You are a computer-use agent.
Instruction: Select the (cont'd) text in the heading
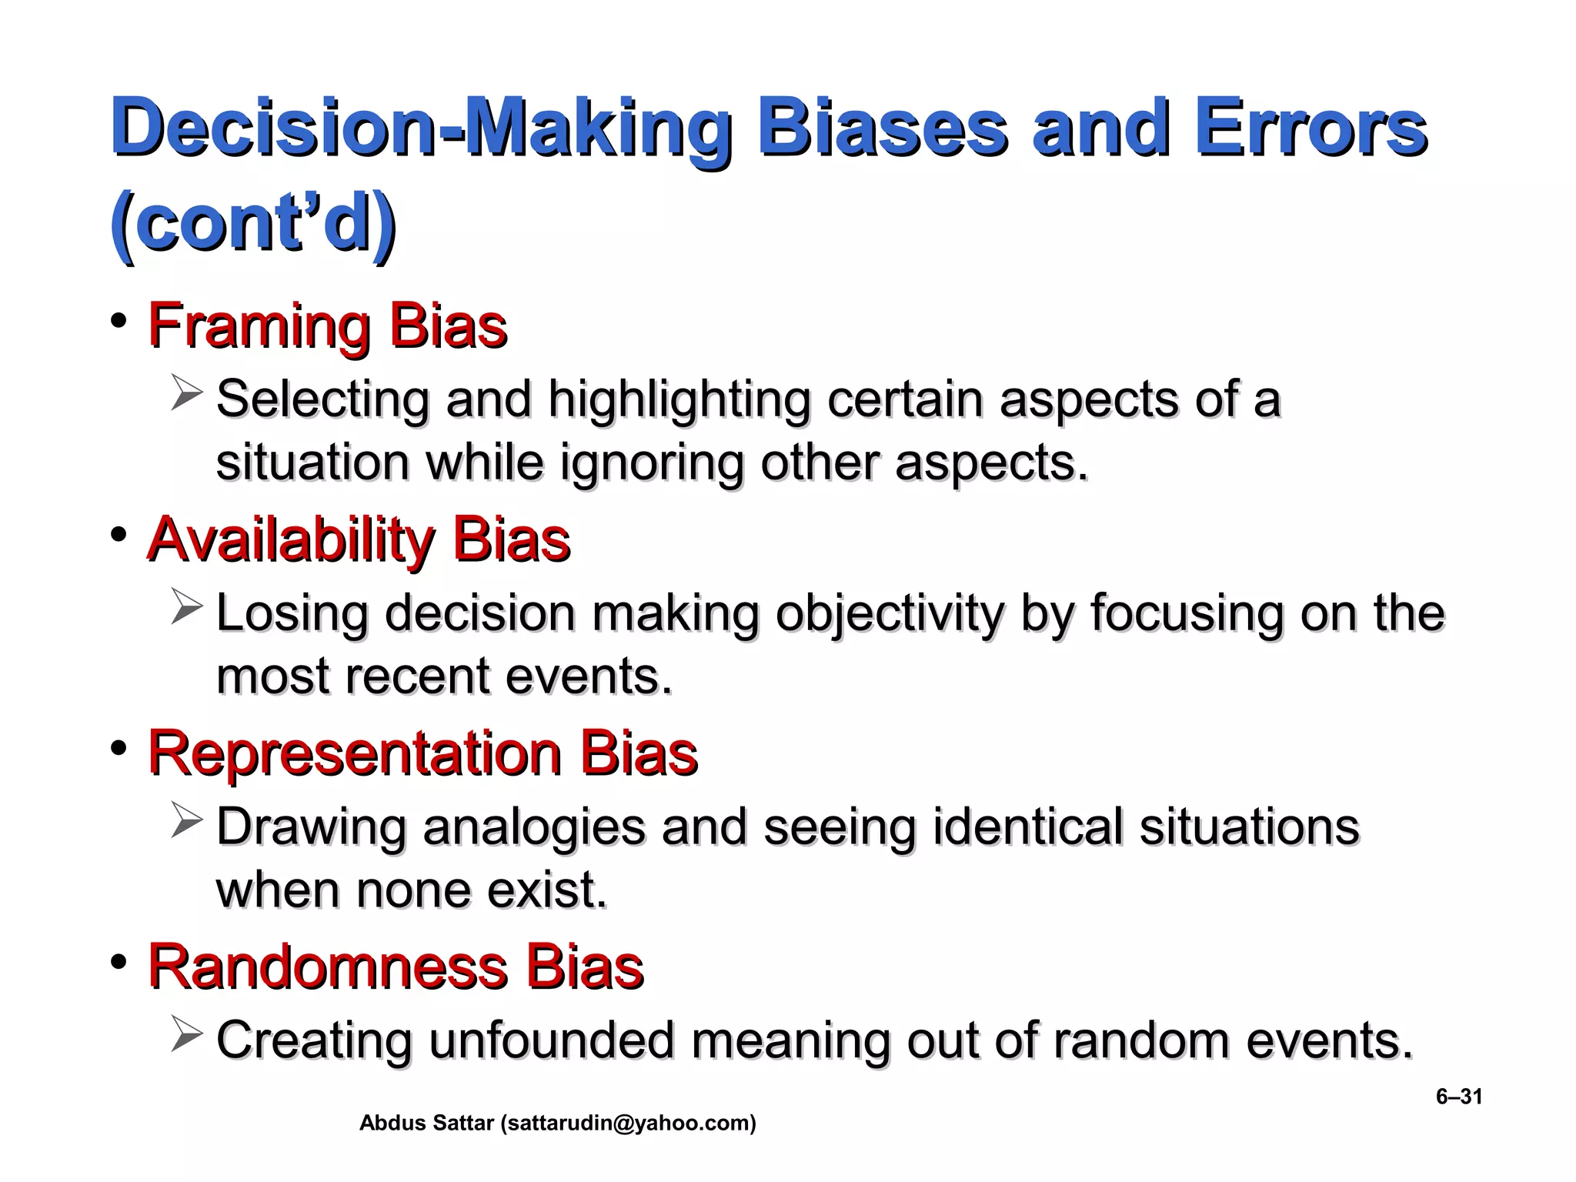click(253, 224)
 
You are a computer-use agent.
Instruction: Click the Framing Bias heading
click(327, 326)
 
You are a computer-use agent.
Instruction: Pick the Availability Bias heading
click(359, 539)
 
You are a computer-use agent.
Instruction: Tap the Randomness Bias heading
click(396, 967)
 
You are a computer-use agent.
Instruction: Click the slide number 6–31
click(1459, 1097)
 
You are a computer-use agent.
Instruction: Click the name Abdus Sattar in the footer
click(426, 1124)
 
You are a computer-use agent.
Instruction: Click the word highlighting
click(679, 400)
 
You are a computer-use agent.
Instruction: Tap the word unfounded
click(551, 1040)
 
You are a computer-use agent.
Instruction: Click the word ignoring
click(651, 462)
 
